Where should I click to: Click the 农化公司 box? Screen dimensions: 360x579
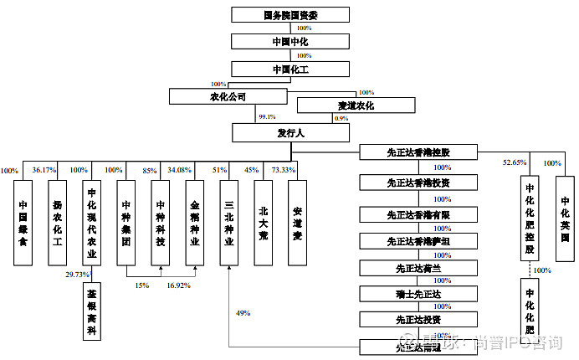pyautogui.click(x=228, y=97)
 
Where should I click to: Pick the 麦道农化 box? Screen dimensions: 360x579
pyautogui.click(x=356, y=106)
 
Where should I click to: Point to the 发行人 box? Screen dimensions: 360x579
pyautogui.click(x=291, y=132)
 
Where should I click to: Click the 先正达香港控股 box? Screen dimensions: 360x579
pyautogui.click(x=418, y=152)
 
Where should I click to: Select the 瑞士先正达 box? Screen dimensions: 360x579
pyautogui.click(x=418, y=294)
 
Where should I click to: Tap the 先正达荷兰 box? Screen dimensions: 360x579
pyautogui.click(x=418, y=268)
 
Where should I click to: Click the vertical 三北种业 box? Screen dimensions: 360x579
pyautogui.click(x=229, y=221)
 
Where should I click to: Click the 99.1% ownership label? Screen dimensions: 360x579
pyautogui.click(x=267, y=117)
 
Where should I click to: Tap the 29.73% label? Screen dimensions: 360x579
pyautogui.click(x=77, y=275)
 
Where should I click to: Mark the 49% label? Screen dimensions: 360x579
pyautogui.click(x=243, y=313)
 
